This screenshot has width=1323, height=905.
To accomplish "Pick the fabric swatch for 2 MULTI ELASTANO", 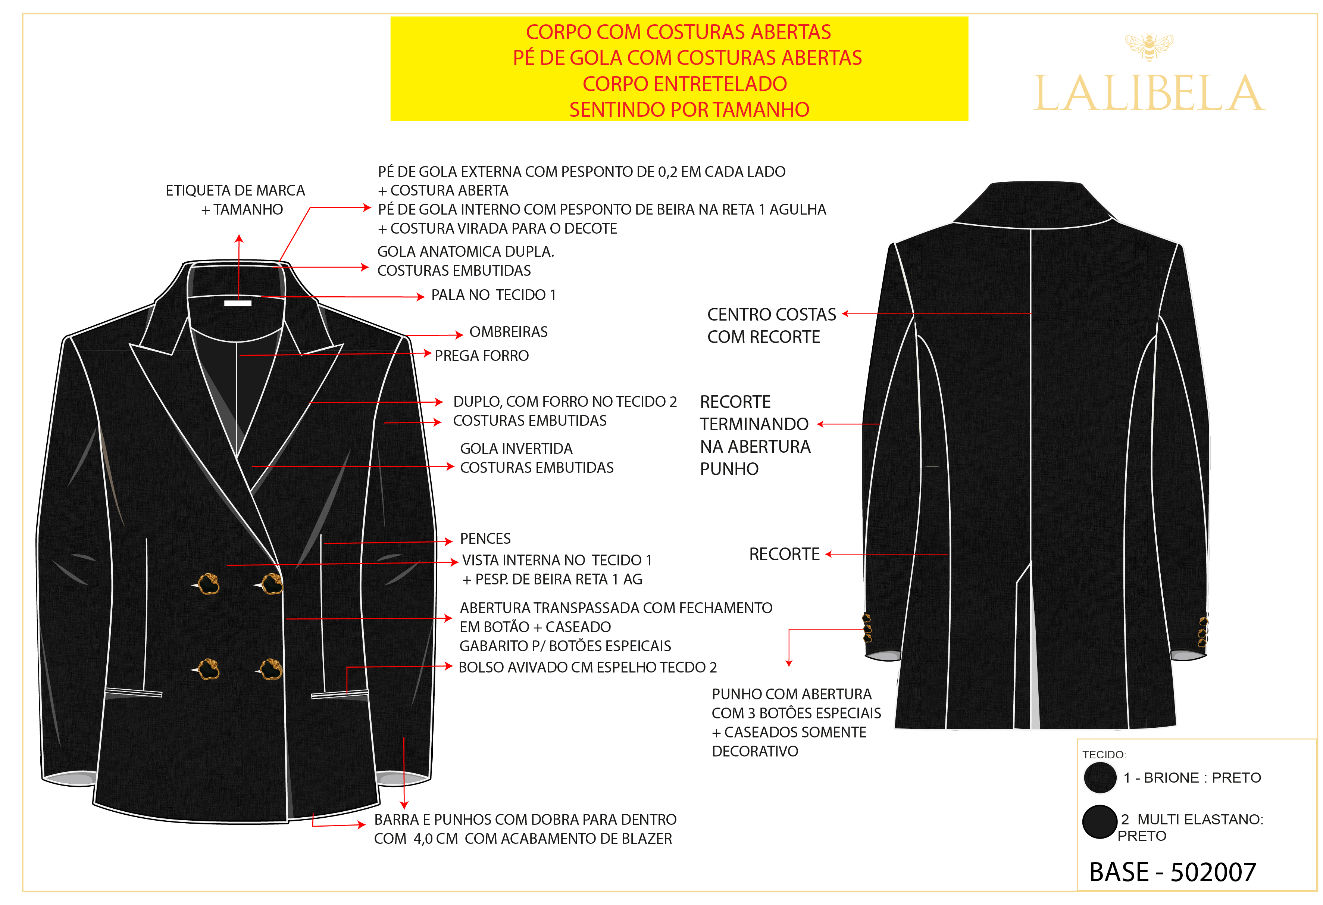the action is coord(1099,822).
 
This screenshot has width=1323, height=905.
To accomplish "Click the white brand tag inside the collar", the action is coord(238,303).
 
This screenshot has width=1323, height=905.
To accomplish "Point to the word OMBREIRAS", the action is coord(509,332).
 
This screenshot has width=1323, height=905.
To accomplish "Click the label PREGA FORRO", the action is coord(482,356).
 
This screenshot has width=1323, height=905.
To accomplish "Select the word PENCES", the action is coord(485,539).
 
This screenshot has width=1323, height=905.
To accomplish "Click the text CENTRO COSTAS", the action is coord(771,314).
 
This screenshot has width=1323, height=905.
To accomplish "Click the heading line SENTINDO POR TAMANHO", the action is coord(689,109).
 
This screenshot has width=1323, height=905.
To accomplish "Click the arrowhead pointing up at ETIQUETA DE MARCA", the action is coord(239,238).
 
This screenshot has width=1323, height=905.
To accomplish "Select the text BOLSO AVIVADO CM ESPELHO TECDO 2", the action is coord(588,668).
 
